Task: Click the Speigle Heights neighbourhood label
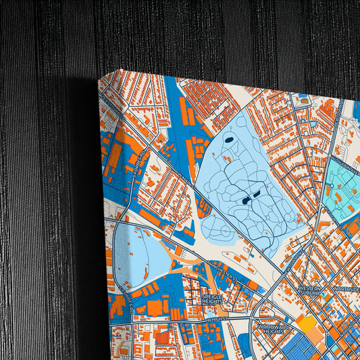click(x=217, y=298)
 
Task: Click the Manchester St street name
click(x=222, y=269)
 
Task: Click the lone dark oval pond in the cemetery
click(x=228, y=140)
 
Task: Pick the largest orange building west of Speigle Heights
click(x=154, y=307)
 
